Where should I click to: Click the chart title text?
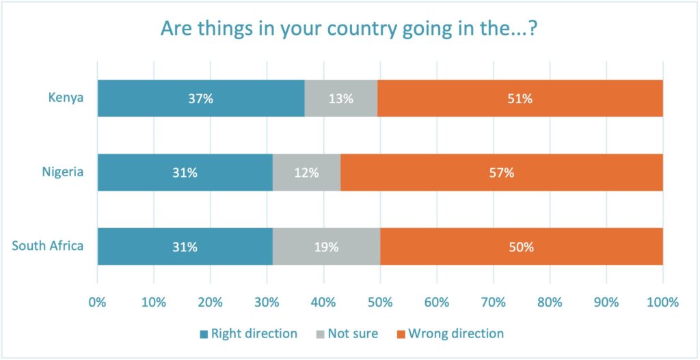(x=350, y=29)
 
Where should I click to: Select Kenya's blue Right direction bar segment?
(x=201, y=98)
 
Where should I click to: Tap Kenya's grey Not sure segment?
(x=340, y=98)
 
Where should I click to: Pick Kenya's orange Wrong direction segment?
(x=520, y=98)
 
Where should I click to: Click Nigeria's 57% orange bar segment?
(x=501, y=173)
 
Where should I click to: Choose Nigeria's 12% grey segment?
(x=306, y=173)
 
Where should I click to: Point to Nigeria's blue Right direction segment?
(x=185, y=173)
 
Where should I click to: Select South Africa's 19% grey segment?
(x=326, y=247)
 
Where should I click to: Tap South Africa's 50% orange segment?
(x=521, y=247)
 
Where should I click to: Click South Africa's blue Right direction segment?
(x=185, y=247)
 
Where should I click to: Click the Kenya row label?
(x=66, y=98)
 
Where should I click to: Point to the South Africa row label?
(x=48, y=246)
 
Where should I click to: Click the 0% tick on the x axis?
(x=98, y=302)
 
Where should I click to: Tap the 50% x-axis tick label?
(x=380, y=302)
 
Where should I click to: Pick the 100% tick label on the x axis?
(x=662, y=302)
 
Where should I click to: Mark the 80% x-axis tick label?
(x=550, y=302)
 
